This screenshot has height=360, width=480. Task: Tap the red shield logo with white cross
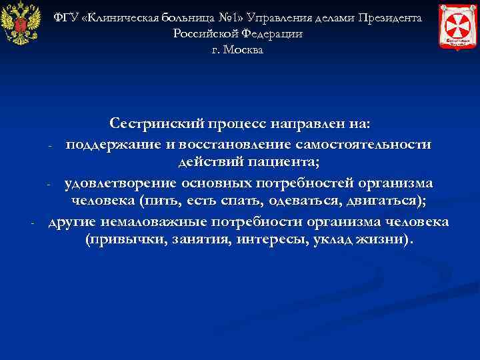(x=458, y=25)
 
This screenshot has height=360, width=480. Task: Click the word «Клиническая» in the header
(x=122, y=17)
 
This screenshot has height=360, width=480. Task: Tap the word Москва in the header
(x=245, y=50)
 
